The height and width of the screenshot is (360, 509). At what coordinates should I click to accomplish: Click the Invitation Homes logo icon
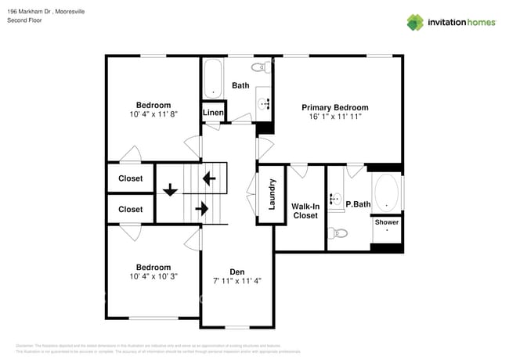414,22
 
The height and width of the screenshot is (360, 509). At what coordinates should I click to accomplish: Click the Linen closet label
214,113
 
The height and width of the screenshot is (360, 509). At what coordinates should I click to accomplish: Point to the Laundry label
272,194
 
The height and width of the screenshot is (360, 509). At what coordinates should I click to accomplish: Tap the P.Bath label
358,204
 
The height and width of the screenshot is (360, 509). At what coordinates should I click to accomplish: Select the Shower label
386,222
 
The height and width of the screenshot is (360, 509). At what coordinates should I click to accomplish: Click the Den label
237,272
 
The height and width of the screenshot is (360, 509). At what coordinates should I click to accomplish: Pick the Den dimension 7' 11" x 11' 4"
237,281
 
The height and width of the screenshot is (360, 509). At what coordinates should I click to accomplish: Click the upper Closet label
131,178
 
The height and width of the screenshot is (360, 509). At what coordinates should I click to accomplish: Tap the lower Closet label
131,209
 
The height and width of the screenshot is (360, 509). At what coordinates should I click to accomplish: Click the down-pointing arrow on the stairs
169,189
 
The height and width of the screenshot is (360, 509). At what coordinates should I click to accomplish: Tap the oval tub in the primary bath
385,192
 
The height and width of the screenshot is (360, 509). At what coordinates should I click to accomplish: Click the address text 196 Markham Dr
36,10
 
